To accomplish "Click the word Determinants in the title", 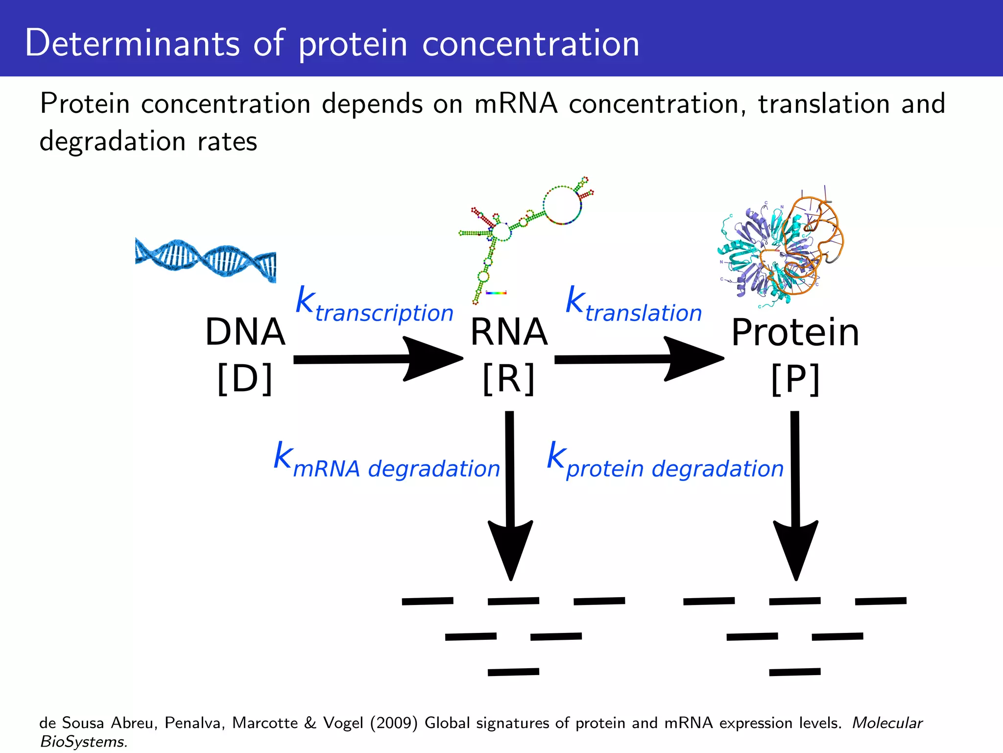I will (132, 43).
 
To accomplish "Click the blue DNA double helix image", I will (206, 259).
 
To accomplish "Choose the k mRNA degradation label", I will (387, 461).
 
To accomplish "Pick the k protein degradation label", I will (665, 461).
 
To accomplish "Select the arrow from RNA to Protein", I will (639, 359).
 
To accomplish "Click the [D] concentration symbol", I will (245, 379).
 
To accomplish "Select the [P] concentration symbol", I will (795, 379).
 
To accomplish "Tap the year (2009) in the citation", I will (394, 723).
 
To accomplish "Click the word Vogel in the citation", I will (342, 723).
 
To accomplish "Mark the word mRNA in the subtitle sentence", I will (516, 104).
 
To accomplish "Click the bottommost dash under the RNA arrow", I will (513, 672).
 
